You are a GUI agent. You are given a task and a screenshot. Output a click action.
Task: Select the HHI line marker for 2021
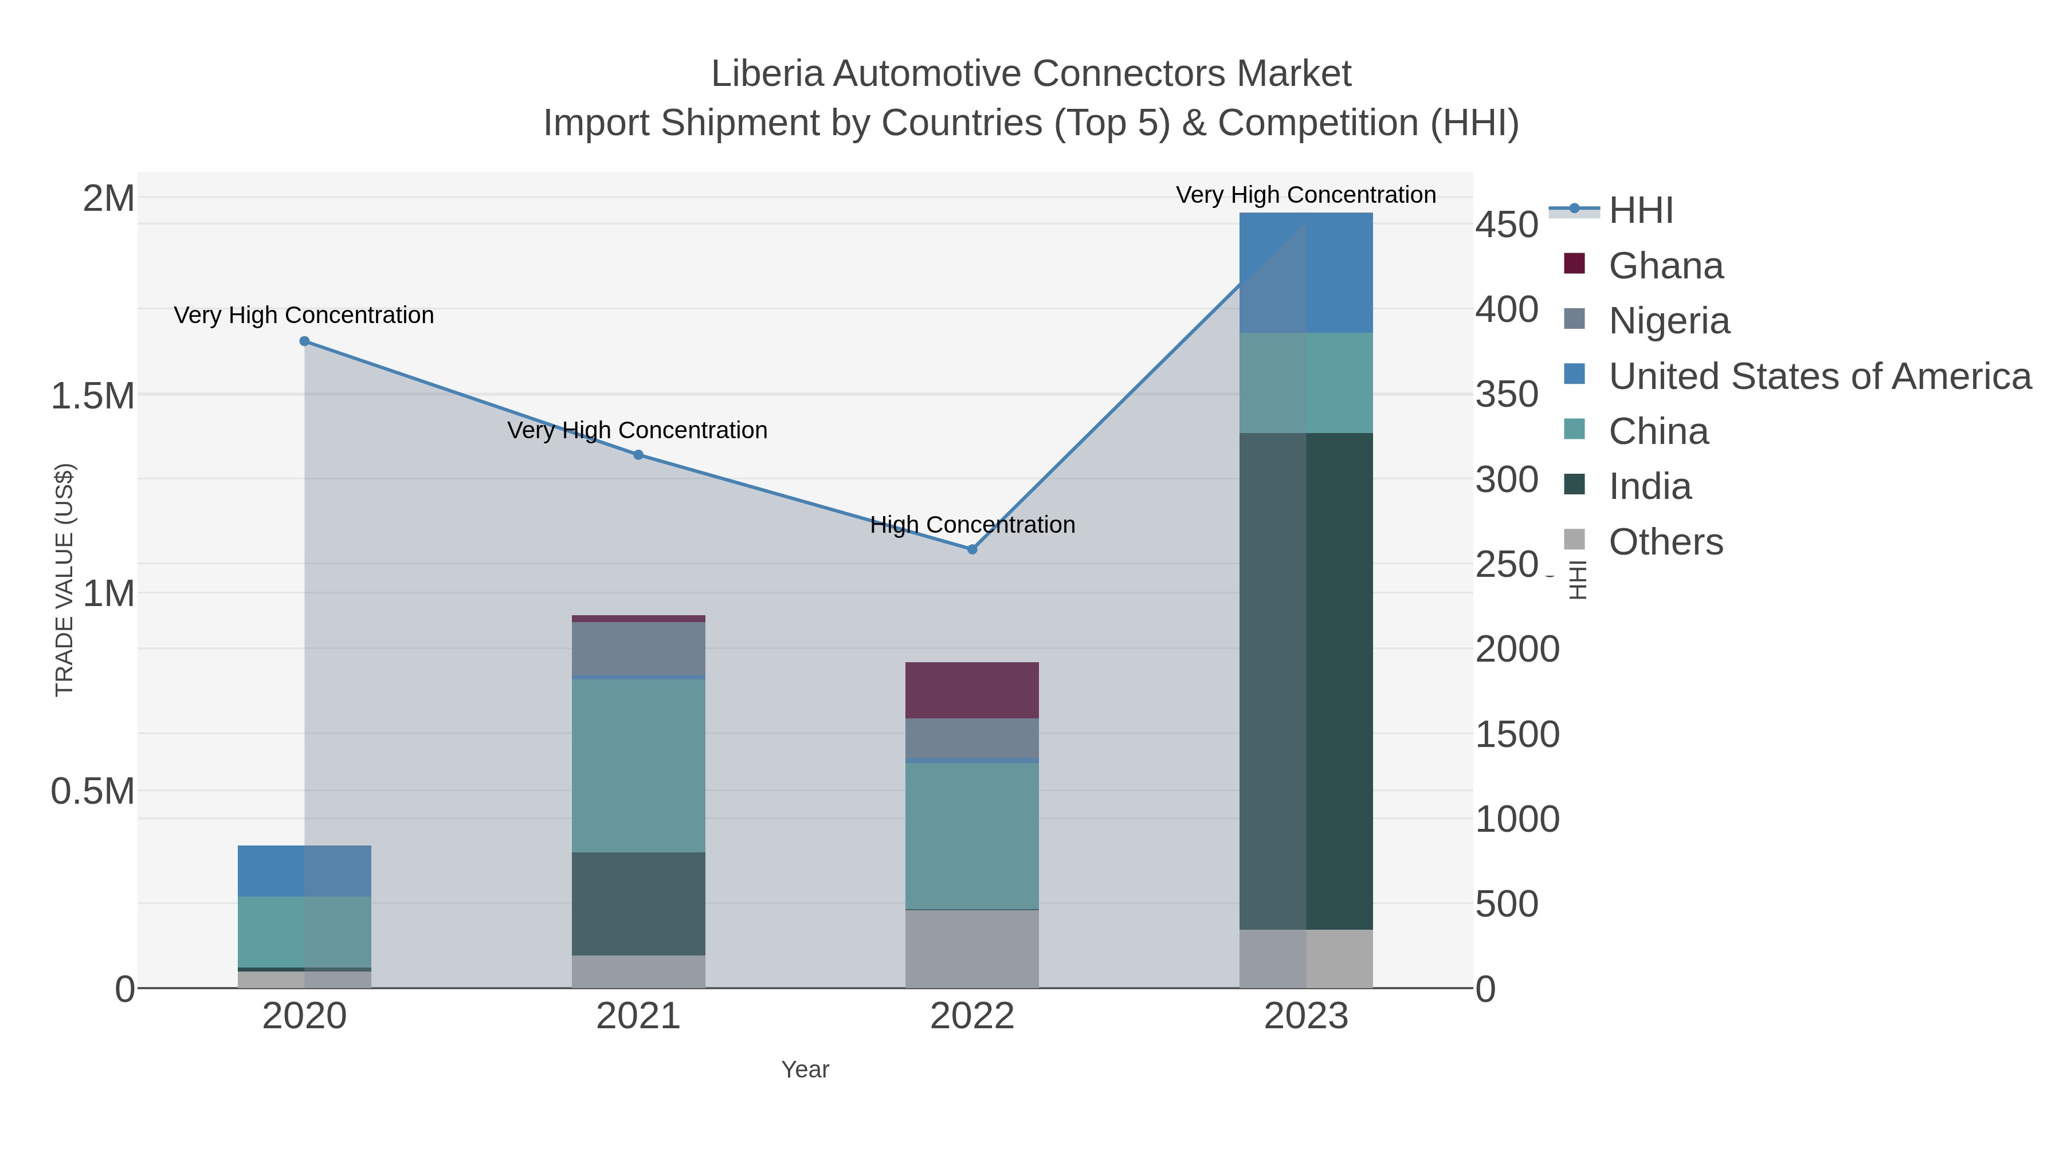tap(638, 455)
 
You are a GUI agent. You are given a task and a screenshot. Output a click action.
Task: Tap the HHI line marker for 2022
tap(972, 550)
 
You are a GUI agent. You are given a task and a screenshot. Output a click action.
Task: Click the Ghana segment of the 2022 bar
tap(972, 690)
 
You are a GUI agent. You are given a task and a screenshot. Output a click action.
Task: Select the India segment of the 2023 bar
tap(1306, 681)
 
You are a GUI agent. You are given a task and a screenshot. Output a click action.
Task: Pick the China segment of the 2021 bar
tap(638, 765)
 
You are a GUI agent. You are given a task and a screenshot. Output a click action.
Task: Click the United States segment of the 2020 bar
tap(304, 871)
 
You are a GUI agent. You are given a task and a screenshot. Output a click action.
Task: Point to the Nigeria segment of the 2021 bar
tap(638, 648)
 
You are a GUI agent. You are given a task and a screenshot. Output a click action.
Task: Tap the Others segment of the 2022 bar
tap(972, 949)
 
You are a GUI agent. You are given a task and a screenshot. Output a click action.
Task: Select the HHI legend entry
tap(1640, 211)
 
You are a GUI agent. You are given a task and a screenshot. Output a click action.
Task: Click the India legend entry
tap(1650, 487)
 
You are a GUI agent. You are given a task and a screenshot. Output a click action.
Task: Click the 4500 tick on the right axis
tap(1507, 225)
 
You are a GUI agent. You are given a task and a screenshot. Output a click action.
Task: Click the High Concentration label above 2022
tap(972, 525)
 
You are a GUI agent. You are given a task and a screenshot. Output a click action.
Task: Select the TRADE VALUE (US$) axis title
tap(64, 580)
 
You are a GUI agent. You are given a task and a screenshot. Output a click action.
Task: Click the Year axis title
tap(805, 1069)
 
